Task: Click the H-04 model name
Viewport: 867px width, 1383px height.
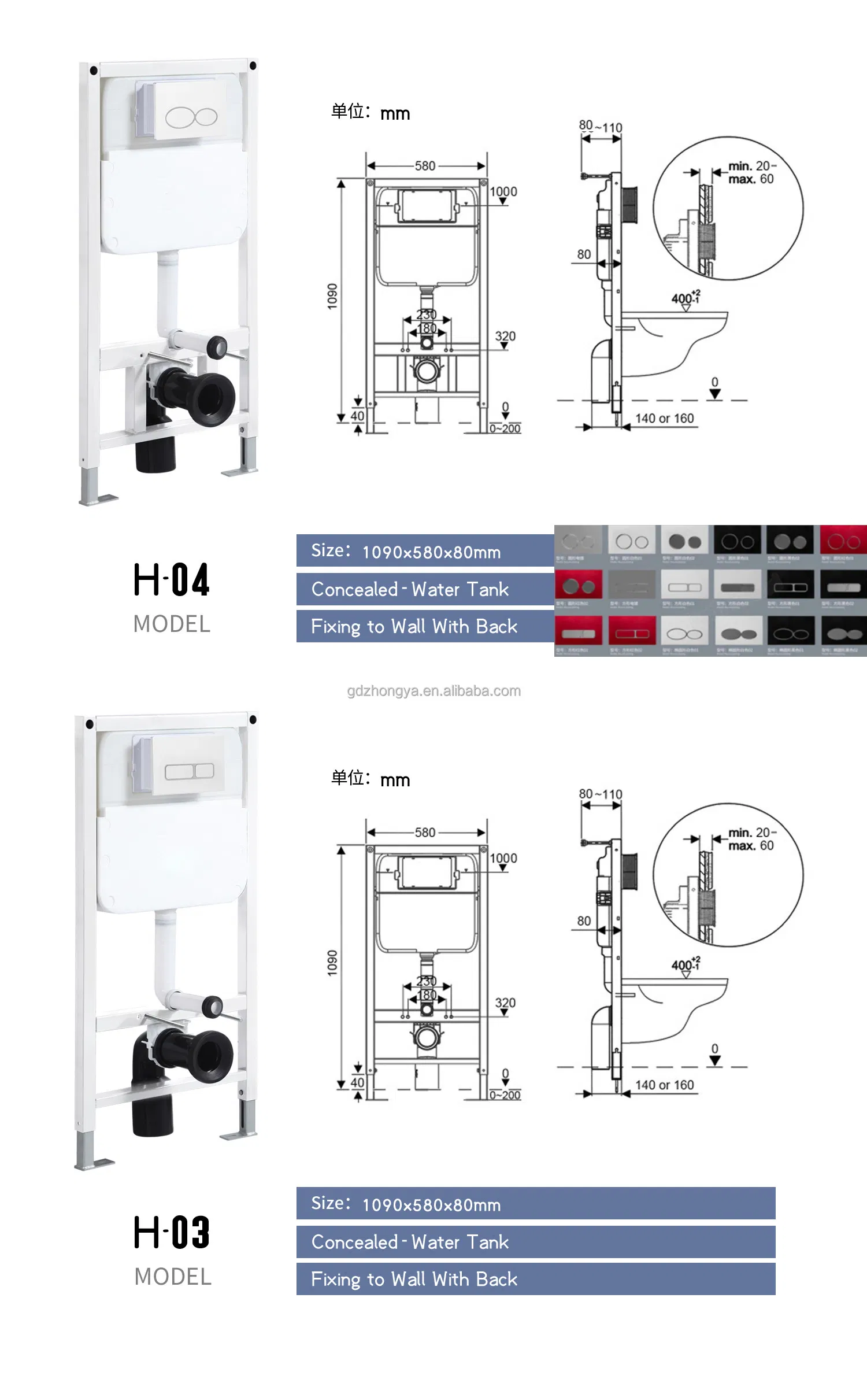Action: click(x=172, y=580)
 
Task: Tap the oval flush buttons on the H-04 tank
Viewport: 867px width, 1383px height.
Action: click(x=191, y=117)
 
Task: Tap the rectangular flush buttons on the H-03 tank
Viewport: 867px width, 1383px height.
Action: click(x=189, y=771)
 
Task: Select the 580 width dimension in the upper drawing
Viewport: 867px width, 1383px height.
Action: click(x=425, y=166)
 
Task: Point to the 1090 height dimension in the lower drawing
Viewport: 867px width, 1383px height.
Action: click(x=332, y=963)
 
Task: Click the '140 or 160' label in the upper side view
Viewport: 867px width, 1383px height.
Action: click(x=664, y=418)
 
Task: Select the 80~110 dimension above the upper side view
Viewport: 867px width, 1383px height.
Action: click(x=601, y=126)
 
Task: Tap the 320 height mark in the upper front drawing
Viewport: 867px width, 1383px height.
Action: click(x=505, y=336)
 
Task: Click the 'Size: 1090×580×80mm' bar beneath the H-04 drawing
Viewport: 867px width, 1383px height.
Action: click(x=425, y=550)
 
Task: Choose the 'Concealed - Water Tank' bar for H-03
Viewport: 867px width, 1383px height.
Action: click(x=535, y=1241)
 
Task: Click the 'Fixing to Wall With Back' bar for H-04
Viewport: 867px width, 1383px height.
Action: click(x=425, y=626)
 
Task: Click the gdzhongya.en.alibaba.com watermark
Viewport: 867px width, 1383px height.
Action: click(x=433, y=691)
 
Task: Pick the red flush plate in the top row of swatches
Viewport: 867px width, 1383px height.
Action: click(x=843, y=541)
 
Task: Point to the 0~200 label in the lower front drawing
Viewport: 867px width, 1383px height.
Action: click(x=505, y=1094)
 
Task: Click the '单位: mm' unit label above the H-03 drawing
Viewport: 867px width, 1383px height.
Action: click(x=370, y=779)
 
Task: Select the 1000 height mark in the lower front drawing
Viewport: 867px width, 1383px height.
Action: click(x=503, y=858)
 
